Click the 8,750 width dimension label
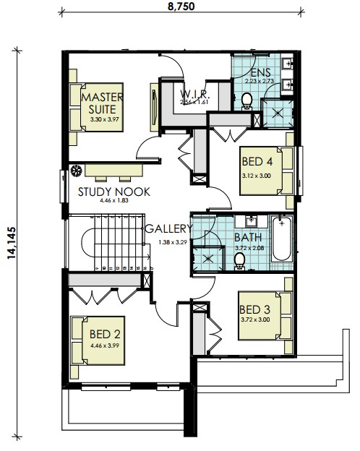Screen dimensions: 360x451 point(181,7)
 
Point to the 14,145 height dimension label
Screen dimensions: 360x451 point(12,243)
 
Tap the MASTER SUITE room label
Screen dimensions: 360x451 point(102,103)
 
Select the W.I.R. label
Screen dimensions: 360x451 point(195,94)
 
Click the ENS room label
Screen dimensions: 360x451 point(261,72)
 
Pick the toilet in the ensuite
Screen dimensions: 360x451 point(247,101)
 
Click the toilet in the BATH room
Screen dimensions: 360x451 point(239,262)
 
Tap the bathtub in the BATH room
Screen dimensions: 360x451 point(281,239)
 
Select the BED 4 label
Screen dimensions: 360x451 point(257,162)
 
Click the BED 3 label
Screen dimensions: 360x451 point(254,309)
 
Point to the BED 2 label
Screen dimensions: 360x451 point(105,334)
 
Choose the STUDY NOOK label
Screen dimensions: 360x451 point(114,192)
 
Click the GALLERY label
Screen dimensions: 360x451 point(168,228)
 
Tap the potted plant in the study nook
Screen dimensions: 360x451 point(76,171)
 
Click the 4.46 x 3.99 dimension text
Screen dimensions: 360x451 point(105,345)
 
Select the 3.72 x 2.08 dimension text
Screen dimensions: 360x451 point(249,248)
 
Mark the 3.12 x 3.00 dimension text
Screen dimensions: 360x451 point(257,176)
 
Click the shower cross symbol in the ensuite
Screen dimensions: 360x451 point(278,113)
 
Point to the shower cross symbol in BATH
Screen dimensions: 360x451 point(208,259)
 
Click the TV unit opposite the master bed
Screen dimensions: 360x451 point(155,107)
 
